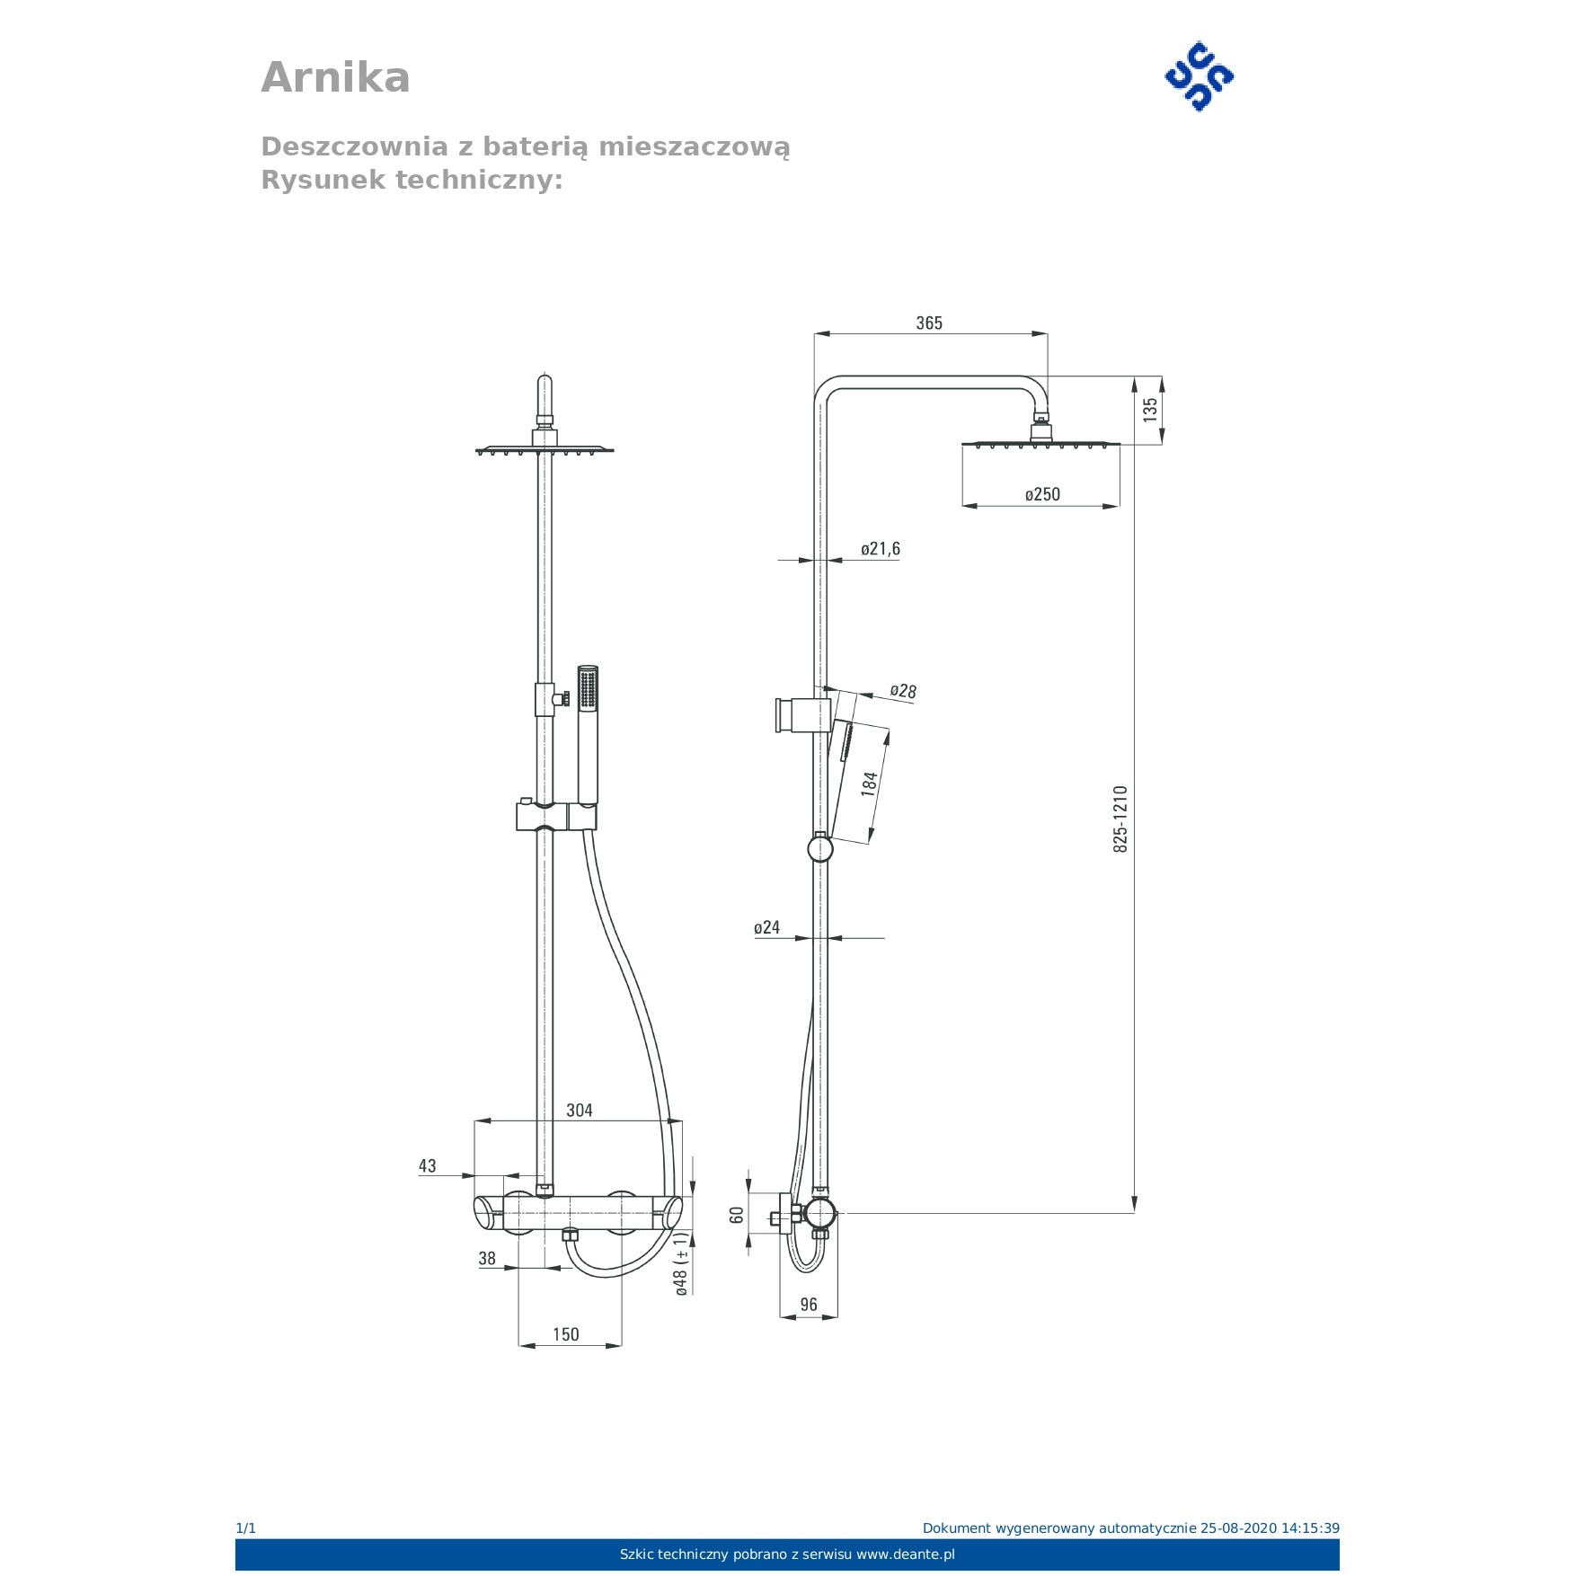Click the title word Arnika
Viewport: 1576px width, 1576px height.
[x=335, y=77]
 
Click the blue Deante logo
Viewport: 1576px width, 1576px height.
[x=1199, y=76]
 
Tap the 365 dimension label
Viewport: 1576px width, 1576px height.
[x=929, y=323]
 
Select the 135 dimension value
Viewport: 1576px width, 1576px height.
[x=1150, y=410]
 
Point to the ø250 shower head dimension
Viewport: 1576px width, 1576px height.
[x=1042, y=494]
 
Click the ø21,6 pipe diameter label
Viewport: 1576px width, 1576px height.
[x=880, y=549]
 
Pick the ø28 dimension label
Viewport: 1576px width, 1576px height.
[x=903, y=691]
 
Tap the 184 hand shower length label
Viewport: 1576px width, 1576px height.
[x=869, y=784]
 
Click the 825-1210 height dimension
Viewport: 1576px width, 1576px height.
[x=1120, y=819]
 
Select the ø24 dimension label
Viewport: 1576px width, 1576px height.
[x=766, y=927]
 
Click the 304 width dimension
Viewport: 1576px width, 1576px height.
[x=580, y=1111]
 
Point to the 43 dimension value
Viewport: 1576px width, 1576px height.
[x=428, y=1166]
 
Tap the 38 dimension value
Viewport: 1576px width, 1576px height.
[x=487, y=1259]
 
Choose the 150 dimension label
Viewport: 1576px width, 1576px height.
[x=566, y=1334]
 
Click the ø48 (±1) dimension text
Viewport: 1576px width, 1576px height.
[x=682, y=1264]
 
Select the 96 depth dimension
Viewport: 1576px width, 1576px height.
[x=809, y=1305]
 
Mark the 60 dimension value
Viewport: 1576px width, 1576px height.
[x=737, y=1215]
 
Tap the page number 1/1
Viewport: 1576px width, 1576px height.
[x=245, y=1528]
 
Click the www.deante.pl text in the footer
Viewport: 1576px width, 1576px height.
[x=905, y=1554]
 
